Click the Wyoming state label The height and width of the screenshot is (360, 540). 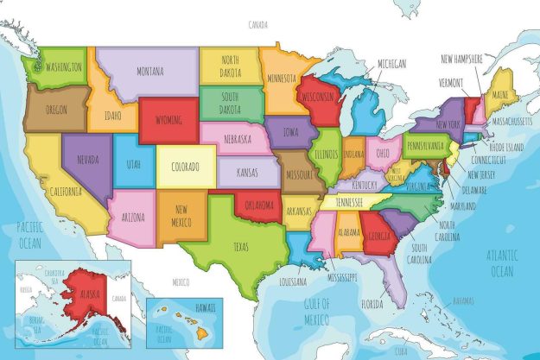pyautogui.click(x=169, y=119)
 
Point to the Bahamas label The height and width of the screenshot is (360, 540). pyautogui.click(x=463, y=300)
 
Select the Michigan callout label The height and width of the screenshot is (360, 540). pyautogui.click(x=391, y=65)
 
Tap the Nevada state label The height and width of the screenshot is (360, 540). pyautogui.click(x=87, y=160)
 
